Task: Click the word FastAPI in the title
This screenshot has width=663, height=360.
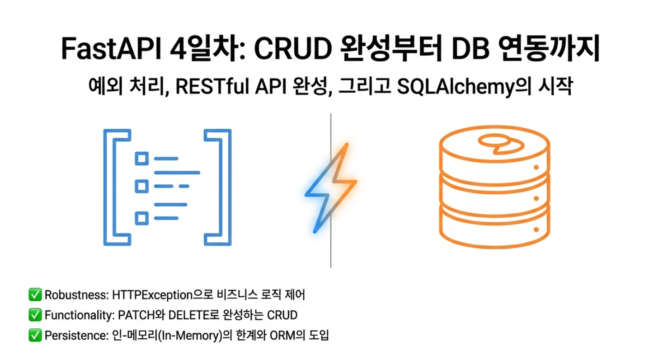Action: (x=112, y=49)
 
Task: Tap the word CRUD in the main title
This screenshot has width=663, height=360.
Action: (x=293, y=49)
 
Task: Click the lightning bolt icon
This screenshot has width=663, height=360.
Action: (x=330, y=188)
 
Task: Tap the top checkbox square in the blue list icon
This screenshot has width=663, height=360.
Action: (x=142, y=159)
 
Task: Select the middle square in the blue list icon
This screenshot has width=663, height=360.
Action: (x=142, y=187)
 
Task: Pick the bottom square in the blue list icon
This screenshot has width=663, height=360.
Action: (x=142, y=218)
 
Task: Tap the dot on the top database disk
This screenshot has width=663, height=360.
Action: (x=536, y=168)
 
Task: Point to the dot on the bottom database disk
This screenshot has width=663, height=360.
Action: (x=536, y=229)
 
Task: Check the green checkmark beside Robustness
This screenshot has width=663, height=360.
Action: (x=35, y=295)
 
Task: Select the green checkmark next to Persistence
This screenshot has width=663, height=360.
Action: (x=35, y=336)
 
